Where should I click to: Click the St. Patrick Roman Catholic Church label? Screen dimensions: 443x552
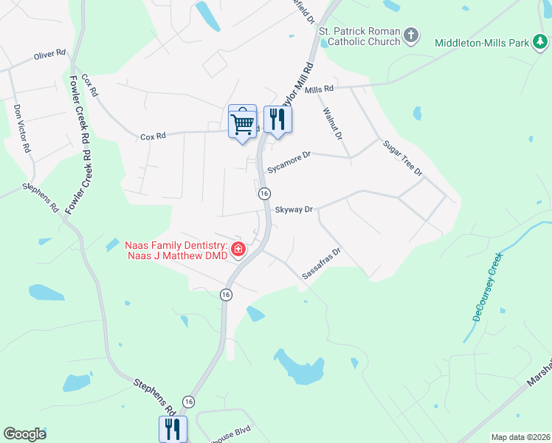(x=359, y=36)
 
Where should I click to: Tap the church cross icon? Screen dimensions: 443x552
(x=412, y=35)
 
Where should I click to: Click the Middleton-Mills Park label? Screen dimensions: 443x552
(x=482, y=43)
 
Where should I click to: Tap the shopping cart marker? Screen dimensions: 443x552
(x=242, y=121)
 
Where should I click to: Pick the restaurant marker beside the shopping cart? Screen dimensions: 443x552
(x=277, y=120)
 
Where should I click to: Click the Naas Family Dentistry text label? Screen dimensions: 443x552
(x=175, y=250)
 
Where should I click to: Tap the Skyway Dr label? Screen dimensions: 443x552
(x=294, y=210)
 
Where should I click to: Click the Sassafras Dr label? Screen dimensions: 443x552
(x=321, y=264)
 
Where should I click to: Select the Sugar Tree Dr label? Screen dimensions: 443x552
(x=402, y=158)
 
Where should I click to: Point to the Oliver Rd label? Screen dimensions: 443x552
(x=49, y=55)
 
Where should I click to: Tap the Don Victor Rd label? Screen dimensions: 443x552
(x=22, y=128)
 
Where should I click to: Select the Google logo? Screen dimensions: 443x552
(x=24, y=434)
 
